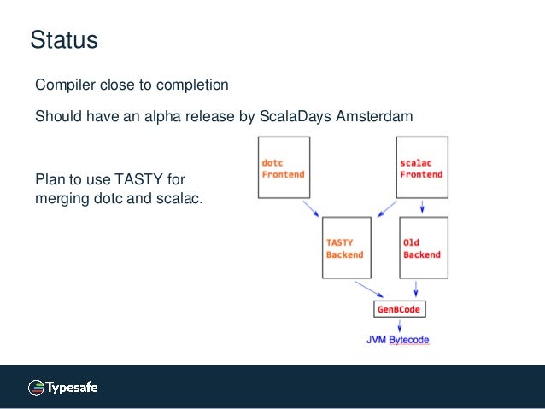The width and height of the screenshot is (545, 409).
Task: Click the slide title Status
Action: click(64, 40)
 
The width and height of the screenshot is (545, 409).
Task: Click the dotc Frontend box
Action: click(284, 167)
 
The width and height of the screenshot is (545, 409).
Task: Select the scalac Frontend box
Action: click(422, 167)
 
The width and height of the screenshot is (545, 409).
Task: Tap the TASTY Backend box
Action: click(346, 248)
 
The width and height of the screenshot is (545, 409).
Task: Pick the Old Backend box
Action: click(422, 248)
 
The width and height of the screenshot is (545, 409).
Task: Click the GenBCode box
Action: click(399, 309)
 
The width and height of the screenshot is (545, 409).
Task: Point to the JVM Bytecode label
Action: click(398, 340)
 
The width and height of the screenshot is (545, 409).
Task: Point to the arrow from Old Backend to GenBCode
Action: click(418, 289)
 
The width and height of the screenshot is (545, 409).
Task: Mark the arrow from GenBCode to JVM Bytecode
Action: click(399, 325)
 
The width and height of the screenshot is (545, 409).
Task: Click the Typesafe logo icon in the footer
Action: click(36, 387)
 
